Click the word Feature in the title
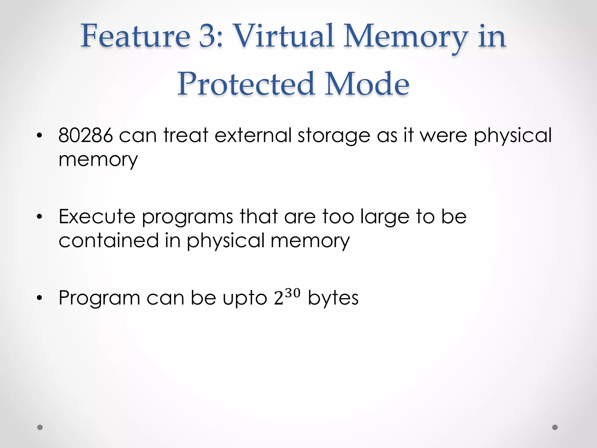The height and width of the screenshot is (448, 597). tap(135, 36)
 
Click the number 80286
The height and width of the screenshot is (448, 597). tap(85, 135)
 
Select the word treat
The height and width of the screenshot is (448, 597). tap(186, 135)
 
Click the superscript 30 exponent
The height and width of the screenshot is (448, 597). tap(293, 292)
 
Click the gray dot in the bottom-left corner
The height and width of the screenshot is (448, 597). tap(40, 427)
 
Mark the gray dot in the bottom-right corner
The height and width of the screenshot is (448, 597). tap(555, 427)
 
